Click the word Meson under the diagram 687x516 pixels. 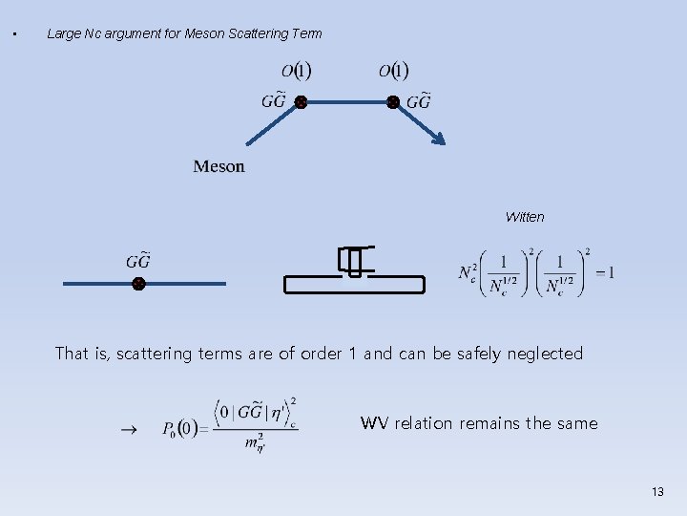click(219, 166)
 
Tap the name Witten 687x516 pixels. click(525, 217)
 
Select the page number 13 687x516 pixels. click(656, 491)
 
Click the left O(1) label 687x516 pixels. click(297, 70)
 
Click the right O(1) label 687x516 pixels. click(393, 70)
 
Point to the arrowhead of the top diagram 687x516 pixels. click(439, 140)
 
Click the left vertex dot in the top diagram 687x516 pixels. click(300, 101)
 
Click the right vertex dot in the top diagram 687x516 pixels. click(392, 101)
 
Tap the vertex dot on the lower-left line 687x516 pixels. click(138, 284)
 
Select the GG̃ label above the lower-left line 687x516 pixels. click(138, 261)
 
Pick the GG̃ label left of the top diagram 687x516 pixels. click(274, 101)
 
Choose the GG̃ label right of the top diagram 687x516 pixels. click(419, 101)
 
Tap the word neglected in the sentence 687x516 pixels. click(545, 354)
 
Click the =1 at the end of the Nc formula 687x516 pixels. click(605, 273)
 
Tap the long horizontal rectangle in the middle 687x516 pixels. click(355, 284)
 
